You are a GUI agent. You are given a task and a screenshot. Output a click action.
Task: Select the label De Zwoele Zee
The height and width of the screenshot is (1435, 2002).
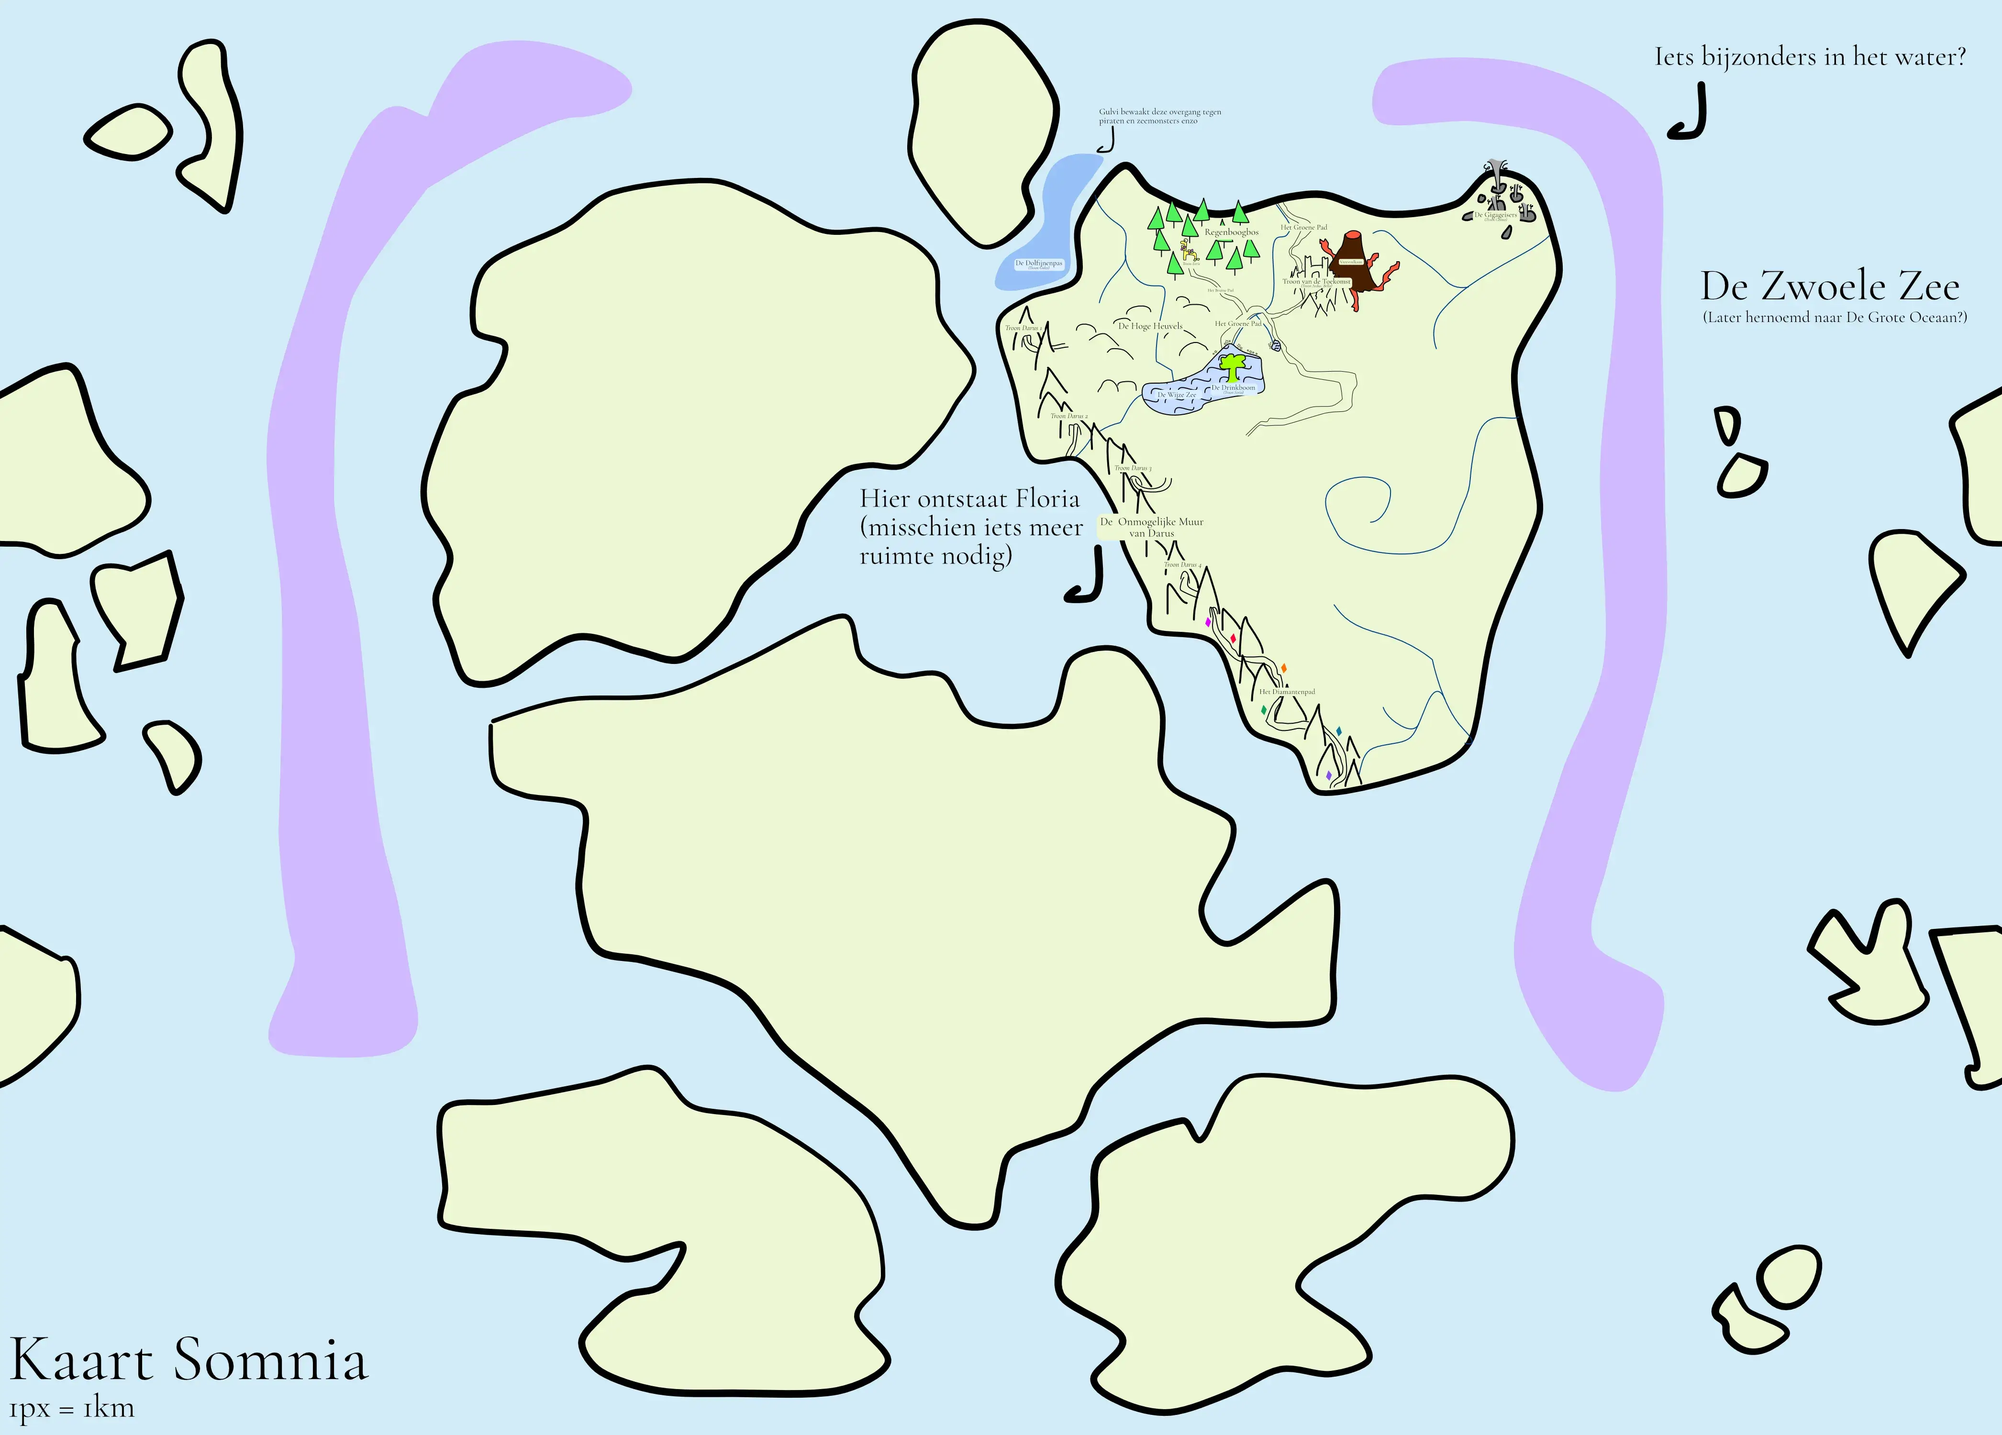1830,287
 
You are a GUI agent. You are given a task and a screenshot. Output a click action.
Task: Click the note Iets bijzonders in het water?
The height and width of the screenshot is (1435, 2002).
1810,57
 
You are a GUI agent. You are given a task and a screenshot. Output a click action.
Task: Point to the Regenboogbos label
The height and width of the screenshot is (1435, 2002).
1231,232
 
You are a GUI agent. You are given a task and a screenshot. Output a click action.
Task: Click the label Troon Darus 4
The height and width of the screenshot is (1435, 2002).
1183,565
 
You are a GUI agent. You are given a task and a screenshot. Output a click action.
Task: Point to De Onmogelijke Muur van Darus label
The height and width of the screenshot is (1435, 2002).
1152,527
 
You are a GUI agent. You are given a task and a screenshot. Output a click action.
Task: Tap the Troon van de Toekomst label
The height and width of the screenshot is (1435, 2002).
1316,282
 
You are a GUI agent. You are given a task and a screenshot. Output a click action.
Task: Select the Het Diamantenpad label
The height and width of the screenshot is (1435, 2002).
1287,692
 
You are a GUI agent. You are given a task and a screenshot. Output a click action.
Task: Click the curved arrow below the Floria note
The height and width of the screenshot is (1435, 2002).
1086,578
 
